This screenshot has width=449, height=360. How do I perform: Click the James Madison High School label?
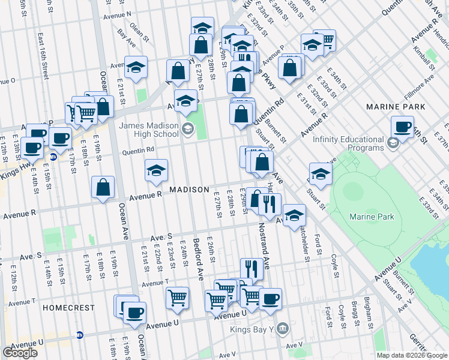click(149, 130)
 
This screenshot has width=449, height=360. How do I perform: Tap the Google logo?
click(20, 353)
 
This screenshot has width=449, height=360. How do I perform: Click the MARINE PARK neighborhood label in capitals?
click(396, 107)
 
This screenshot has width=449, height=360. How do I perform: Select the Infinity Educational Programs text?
click(348, 143)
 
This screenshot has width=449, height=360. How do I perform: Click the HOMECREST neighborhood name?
click(69, 308)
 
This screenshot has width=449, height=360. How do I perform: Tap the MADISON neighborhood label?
click(189, 190)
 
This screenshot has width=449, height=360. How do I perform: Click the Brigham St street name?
click(368, 313)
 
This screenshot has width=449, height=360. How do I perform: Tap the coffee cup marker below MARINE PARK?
click(402, 127)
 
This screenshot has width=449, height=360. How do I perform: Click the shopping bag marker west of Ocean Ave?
click(103, 187)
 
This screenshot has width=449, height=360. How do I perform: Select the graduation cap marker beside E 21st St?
click(136, 67)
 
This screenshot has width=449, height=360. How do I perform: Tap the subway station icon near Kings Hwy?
click(53, 158)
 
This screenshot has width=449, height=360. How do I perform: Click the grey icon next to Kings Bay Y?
click(284, 328)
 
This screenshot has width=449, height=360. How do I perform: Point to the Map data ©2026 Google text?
click(412, 355)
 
